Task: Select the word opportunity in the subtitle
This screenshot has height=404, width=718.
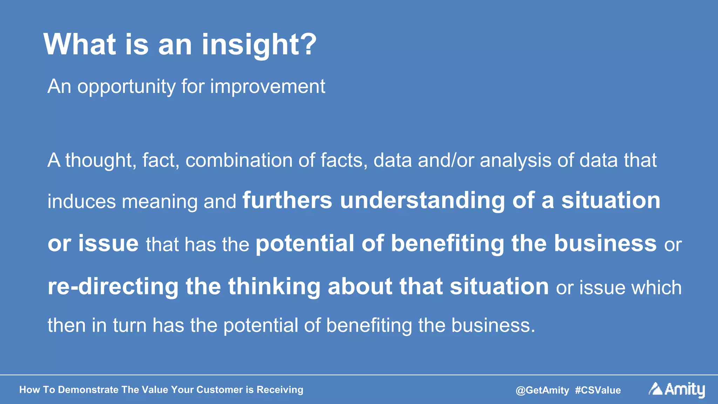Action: (126, 87)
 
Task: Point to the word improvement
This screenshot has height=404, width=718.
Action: (267, 87)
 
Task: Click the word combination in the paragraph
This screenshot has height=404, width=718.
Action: (239, 160)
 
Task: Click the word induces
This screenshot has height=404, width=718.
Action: (82, 202)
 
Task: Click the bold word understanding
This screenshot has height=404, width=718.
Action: (422, 201)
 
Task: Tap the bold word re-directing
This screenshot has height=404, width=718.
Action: (113, 287)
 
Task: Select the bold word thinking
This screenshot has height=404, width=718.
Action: (274, 287)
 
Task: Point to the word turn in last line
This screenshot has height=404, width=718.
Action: (129, 326)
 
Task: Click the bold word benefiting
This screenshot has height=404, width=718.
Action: (447, 244)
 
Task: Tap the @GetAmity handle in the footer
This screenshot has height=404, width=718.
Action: (542, 390)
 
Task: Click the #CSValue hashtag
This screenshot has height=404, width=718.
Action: (598, 390)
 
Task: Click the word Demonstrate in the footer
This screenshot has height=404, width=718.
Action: (88, 390)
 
